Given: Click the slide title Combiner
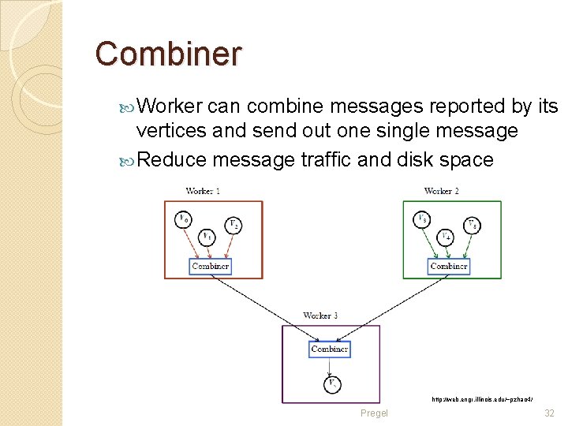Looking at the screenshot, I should point(168,54).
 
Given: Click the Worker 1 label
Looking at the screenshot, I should point(203,191).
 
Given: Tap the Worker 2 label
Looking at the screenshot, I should point(441,191).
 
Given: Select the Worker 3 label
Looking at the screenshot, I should point(320,316).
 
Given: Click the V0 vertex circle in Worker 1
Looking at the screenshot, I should point(183,219).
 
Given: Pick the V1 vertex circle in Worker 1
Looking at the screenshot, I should point(207,236).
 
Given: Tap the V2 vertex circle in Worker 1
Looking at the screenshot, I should point(234,225).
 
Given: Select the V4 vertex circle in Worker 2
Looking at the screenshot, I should point(446,236).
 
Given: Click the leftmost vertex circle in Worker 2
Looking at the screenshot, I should point(422,219).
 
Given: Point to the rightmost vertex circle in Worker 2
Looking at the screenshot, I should point(472,225).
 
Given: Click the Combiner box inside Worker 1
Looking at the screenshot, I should point(211,266).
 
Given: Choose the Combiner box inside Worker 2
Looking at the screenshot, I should point(449,266).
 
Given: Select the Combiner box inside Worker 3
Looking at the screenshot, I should point(330,349).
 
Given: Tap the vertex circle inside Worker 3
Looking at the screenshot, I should point(332,384).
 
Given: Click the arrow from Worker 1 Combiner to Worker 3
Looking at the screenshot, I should point(260,304).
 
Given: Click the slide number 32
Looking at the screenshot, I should point(549,413).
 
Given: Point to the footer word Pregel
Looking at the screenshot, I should point(374,413).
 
